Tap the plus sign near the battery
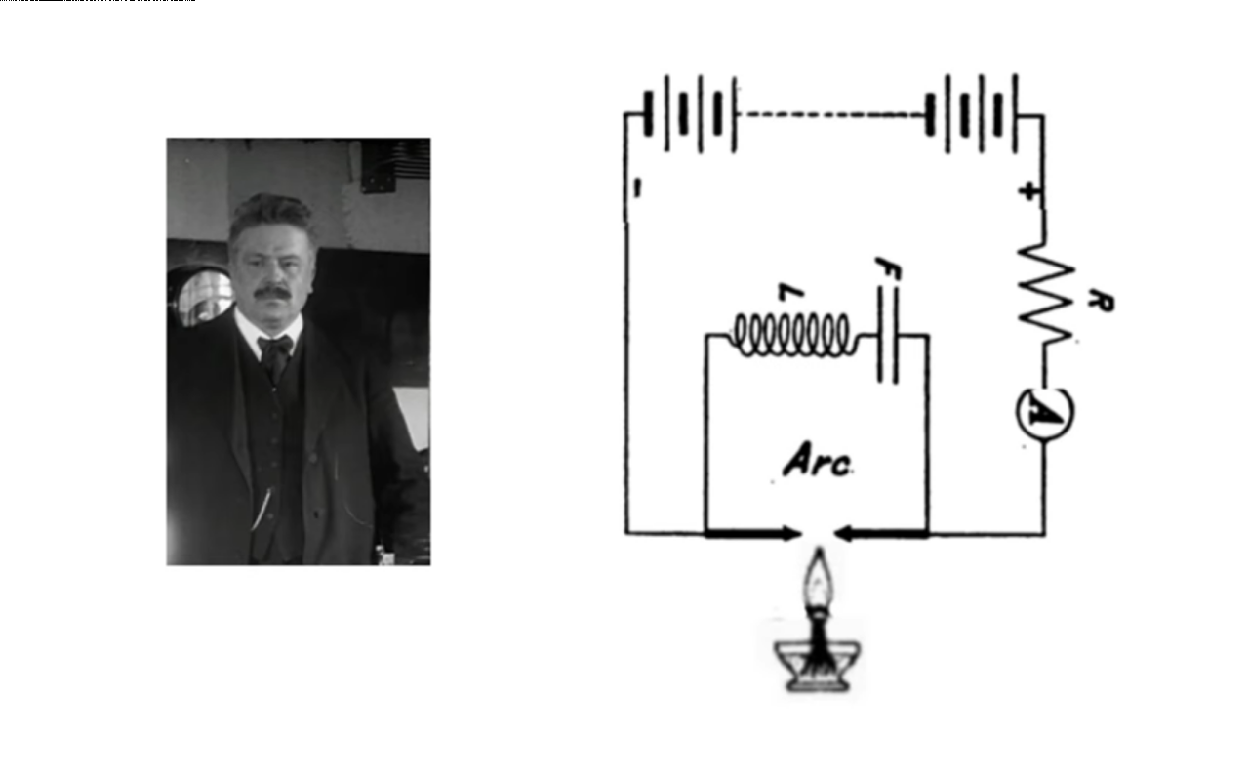1027,192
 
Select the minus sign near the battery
635,192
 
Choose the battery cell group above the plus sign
972,114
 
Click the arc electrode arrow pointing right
752,534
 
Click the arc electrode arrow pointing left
882,534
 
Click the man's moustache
272,290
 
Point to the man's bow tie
276,347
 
